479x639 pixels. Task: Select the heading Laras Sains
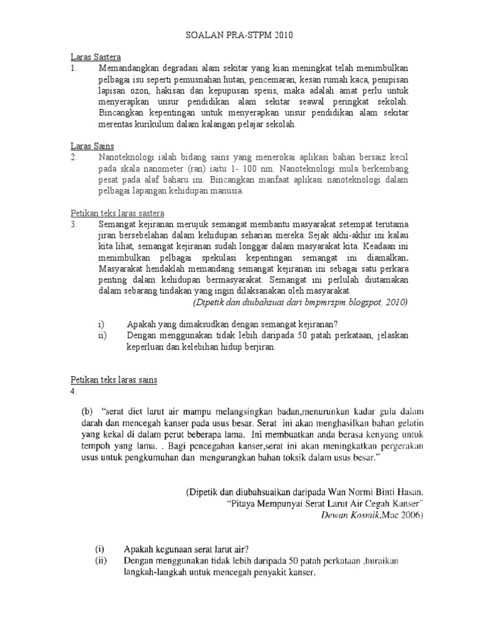(91, 146)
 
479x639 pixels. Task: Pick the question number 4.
(73, 391)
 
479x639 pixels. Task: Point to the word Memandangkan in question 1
(130, 68)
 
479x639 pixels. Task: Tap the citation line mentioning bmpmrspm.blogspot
(300, 303)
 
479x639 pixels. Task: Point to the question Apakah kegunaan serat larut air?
(186, 549)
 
